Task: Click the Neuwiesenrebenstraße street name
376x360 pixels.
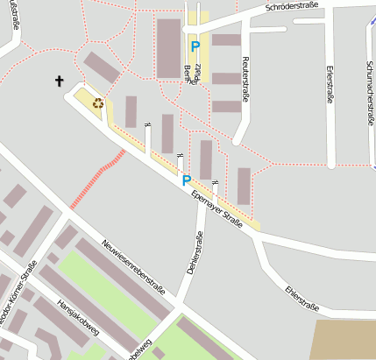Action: tap(133, 268)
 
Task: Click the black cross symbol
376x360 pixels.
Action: tap(60, 81)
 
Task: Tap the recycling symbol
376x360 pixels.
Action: tap(97, 102)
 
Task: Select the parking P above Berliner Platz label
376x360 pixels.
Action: tap(195, 46)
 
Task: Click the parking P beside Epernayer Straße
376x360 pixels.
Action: tap(186, 180)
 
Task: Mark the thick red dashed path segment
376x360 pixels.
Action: tap(97, 178)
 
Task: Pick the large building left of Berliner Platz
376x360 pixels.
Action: tap(168, 48)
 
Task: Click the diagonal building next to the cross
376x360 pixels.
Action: tap(102, 67)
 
